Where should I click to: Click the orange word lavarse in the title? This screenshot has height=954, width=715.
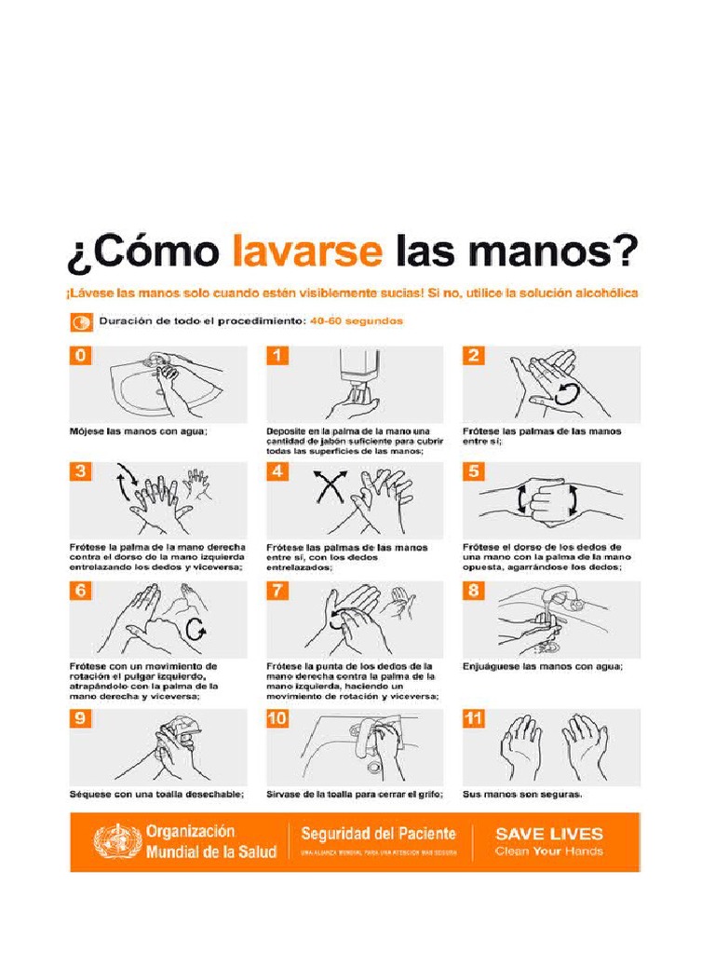306,252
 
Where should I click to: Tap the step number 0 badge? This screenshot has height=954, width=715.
80,356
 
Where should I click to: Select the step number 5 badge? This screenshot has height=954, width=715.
475,471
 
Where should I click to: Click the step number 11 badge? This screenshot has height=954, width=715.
475,719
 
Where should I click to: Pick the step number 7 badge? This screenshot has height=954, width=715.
277,592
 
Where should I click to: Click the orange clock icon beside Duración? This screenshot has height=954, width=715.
81,322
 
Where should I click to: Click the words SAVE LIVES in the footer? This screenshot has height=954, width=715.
548,834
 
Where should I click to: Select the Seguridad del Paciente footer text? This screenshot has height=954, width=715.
378,833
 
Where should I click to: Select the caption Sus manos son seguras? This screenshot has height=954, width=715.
522,794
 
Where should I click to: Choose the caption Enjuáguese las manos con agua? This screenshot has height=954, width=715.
543,667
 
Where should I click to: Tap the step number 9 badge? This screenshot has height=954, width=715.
80,719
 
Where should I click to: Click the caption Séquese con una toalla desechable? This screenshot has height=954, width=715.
156,794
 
